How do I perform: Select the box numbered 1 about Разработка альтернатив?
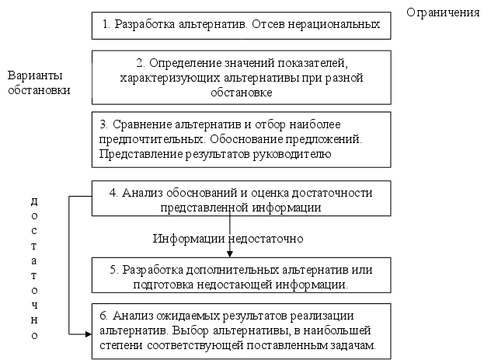point(241,25)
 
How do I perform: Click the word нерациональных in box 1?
point(336,24)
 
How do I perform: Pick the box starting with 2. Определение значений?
point(241,78)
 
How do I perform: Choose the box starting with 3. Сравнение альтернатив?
point(241,140)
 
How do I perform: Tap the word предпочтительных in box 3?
point(146,139)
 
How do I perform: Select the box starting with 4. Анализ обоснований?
point(241,200)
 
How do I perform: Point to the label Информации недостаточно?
point(228,237)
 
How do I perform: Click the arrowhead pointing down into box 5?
point(230,253)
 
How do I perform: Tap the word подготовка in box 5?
point(162,285)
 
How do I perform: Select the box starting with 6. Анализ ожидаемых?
point(241,330)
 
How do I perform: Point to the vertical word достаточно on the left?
point(34,267)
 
